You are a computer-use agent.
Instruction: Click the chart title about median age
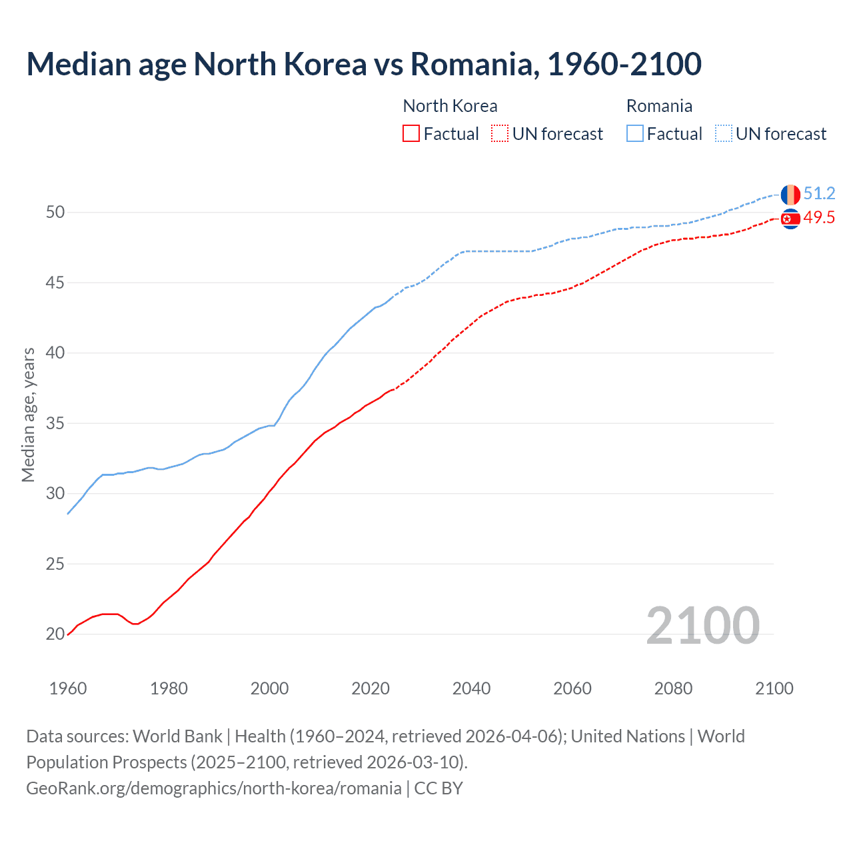point(364,65)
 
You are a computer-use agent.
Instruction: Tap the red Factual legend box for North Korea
point(411,133)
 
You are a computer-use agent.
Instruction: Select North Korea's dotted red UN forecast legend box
point(500,133)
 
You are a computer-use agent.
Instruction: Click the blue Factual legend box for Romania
point(635,133)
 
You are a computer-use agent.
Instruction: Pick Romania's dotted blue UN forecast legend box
point(724,133)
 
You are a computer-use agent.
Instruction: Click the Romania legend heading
point(659,106)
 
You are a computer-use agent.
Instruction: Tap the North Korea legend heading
point(450,106)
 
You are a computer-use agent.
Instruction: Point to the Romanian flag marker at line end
point(790,195)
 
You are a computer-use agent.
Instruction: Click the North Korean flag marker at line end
point(790,219)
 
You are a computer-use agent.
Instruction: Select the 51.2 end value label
point(819,193)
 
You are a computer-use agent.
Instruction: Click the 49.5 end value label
point(819,218)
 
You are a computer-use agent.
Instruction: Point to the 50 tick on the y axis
point(55,213)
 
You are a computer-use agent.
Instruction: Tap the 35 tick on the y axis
point(55,423)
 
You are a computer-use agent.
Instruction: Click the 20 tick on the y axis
point(55,634)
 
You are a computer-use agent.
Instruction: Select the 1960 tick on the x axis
point(68,688)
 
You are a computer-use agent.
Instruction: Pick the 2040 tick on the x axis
point(471,688)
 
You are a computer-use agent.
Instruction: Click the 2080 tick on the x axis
point(673,688)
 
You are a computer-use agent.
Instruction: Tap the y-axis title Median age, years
point(28,415)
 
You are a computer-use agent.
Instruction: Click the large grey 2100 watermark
point(702,625)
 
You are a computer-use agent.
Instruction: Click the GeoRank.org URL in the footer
point(214,788)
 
